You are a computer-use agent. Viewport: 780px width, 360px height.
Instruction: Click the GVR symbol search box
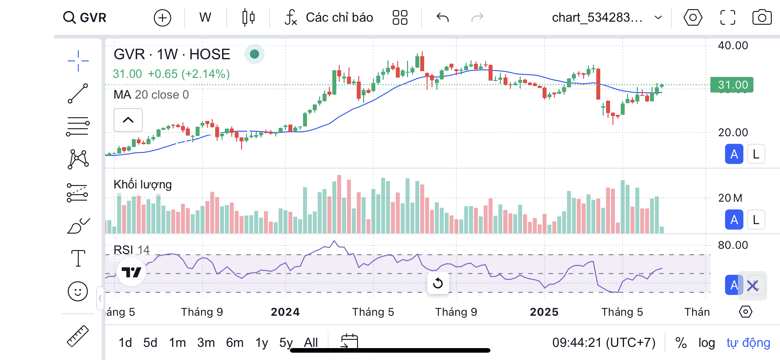pyautogui.click(x=85, y=17)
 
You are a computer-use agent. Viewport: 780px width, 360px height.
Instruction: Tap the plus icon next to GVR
pyautogui.click(x=162, y=18)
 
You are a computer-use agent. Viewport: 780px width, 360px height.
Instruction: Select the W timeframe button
pyautogui.click(x=205, y=17)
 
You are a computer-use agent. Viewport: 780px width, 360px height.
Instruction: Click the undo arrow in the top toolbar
pyautogui.click(x=442, y=17)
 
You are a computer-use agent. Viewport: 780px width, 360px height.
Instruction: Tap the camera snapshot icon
pyautogui.click(x=762, y=17)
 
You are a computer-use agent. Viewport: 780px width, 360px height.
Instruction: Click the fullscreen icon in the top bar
pyautogui.click(x=728, y=17)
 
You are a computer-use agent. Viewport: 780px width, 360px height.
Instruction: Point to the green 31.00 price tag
pyautogui.click(x=732, y=85)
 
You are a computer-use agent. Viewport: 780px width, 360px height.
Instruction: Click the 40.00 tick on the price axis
pyautogui.click(x=733, y=45)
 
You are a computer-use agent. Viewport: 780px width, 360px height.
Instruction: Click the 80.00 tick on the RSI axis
pyautogui.click(x=733, y=245)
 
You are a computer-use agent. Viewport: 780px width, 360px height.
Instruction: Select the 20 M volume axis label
pyautogui.click(x=730, y=198)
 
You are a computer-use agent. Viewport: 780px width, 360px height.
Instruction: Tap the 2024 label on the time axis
pyautogui.click(x=285, y=312)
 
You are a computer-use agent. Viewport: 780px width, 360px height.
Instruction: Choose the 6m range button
pyautogui.click(x=235, y=343)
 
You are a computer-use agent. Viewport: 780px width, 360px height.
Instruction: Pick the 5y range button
pyautogui.click(x=286, y=343)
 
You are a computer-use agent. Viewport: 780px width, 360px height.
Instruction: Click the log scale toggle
pyautogui.click(x=706, y=343)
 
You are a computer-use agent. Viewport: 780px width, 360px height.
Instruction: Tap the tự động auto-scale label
pyautogui.click(x=748, y=343)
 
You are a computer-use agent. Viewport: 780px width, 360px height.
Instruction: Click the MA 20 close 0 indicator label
pyautogui.click(x=151, y=95)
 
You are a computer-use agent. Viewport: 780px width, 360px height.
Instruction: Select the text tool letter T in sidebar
pyautogui.click(x=78, y=258)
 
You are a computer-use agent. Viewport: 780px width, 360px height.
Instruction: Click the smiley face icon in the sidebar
pyautogui.click(x=78, y=291)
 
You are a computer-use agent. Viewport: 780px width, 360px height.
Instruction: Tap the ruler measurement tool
pyautogui.click(x=78, y=336)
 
